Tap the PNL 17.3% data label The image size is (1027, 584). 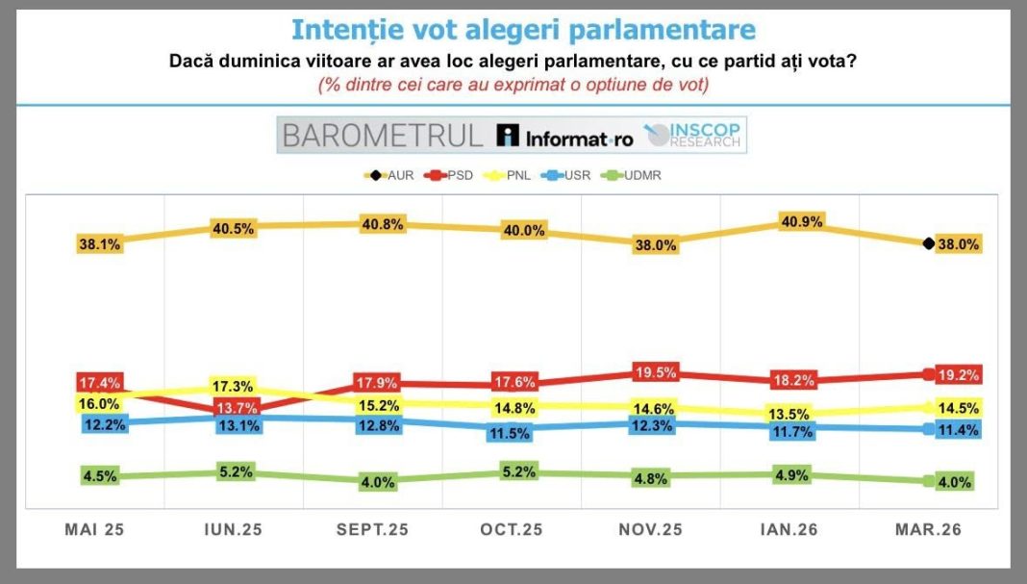click(x=237, y=386)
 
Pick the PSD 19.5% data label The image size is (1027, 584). click(x=657, y=371)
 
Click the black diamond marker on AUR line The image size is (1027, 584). click(x=928, y=244)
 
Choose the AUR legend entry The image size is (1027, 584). click(x=388, y=175)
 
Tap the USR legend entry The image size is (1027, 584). click(x=568, y=175)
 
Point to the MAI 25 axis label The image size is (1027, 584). click(x=94, y=529)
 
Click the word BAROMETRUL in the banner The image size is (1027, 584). click(x=382, y=136)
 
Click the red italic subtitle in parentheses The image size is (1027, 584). click(x=513, y=85)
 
